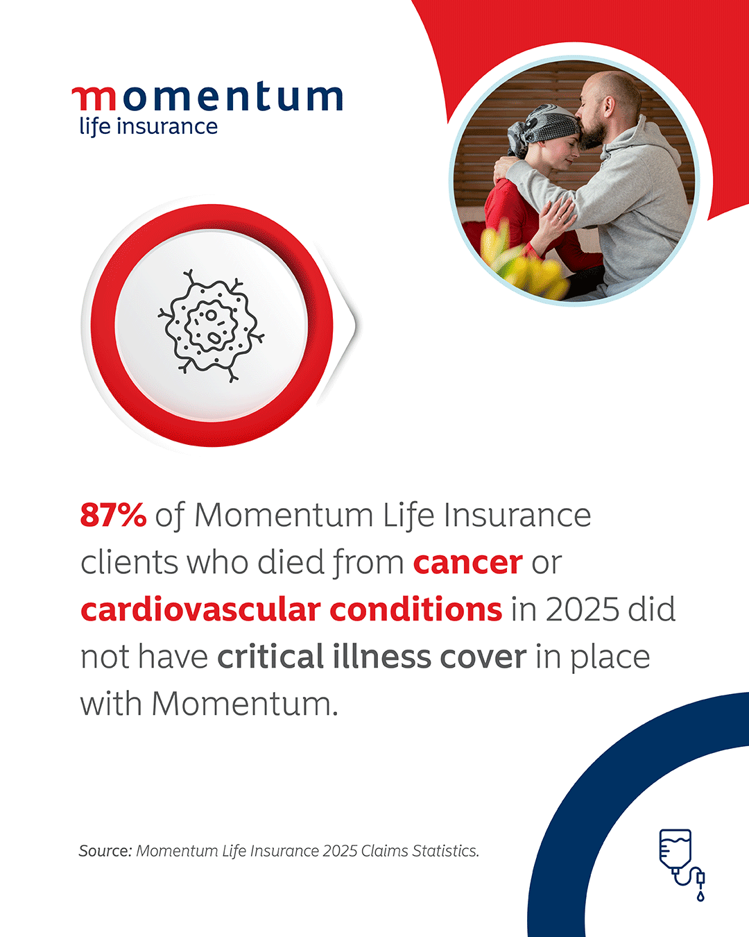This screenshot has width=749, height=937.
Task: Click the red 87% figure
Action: [113, 516]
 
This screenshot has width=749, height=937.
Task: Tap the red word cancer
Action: [468, 564]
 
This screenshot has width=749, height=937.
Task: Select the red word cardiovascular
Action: [200, 609]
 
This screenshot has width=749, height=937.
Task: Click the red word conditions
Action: [416, 609]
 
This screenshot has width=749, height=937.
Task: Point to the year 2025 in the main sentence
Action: [582, 610]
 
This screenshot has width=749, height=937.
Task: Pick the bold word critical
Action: [270, 657]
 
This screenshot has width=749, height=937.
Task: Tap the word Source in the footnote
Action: [105, 851]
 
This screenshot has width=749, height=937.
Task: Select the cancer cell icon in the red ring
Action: [211, 326]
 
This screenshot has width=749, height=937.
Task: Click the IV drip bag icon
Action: [682, 865]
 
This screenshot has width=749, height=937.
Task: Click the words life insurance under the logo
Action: [148, 127]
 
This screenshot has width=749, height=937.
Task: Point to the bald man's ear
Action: [609, 108]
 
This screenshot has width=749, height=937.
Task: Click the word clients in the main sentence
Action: [129, 563]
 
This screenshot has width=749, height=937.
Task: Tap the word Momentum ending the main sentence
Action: [245, 704]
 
